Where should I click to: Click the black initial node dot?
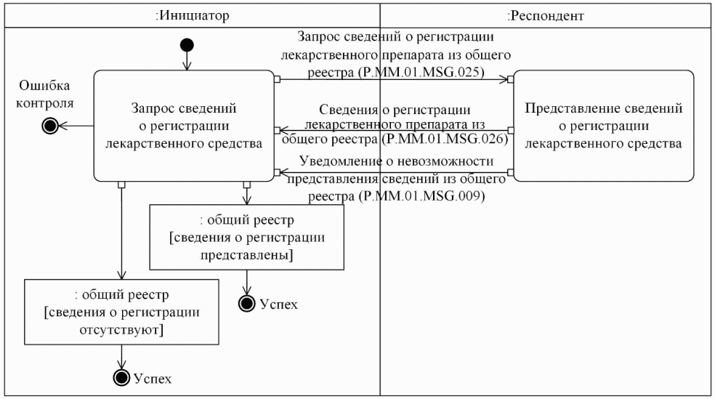point(187,46)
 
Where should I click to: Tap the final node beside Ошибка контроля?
point(49,126)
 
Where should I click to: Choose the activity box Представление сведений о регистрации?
point(603,126)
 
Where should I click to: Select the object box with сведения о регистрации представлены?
point(246,237)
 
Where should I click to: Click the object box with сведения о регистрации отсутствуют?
point(121,313)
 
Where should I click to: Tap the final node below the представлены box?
point(247,303)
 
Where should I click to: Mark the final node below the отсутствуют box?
point(122,377)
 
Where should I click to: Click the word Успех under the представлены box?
point(279,304)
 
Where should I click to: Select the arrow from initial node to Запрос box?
point(187,61)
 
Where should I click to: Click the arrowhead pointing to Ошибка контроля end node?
point(61,126)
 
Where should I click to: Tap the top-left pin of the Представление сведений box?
point(511,78)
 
